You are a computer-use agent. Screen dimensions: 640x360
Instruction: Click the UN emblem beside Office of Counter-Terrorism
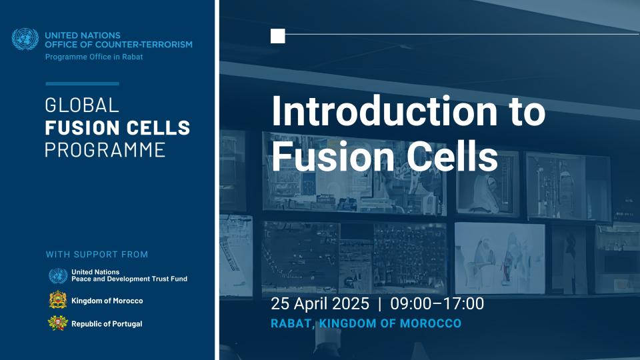click(x=25, y=39)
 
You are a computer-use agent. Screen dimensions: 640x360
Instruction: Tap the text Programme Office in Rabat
click(x=94, y=57)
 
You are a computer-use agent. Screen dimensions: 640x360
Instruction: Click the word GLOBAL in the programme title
click(x=81, y=105)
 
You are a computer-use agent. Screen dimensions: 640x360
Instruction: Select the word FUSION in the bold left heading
click(x=77, y=128)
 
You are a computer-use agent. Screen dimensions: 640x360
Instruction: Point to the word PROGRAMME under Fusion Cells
click(x=105, y=150)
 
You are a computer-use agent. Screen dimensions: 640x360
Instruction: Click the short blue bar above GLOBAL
click(x=82, y=84)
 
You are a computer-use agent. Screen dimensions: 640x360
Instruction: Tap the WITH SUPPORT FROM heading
click(x=97, y=254)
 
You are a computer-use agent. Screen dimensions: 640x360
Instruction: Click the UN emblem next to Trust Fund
click(x=58, y=276)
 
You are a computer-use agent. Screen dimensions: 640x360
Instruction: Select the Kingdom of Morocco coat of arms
click(x=58, y=300)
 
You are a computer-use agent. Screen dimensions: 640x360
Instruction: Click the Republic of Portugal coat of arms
click(x=58, y=323)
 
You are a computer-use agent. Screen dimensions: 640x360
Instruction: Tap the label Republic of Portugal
click(x=107, y=324)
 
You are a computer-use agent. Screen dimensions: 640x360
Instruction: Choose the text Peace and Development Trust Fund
click(x=129, y=279)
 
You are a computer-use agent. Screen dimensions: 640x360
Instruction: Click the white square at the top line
click(x=277, y=36)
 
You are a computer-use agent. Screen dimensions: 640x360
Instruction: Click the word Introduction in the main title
click(x=384, y=111)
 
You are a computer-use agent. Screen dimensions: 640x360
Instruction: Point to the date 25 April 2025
click(x=320, y=304)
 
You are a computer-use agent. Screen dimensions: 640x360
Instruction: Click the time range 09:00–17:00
click(x=437, y=304)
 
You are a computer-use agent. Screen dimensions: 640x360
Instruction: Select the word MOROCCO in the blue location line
click(x=431, y=324)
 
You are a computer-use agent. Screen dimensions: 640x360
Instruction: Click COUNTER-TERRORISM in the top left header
click(x=144, y=45)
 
